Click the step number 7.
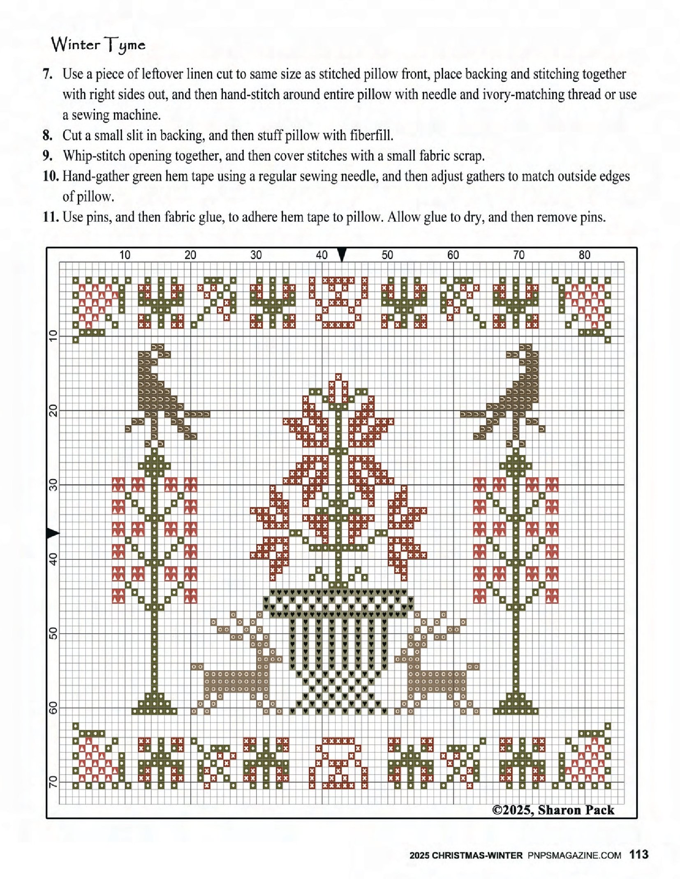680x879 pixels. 48,74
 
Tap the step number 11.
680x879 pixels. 51,217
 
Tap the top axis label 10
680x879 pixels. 125,255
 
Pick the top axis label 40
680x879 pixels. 321,255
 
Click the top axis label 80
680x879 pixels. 584,255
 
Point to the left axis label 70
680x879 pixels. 53,782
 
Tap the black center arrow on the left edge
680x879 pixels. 53,534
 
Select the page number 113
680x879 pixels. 639,855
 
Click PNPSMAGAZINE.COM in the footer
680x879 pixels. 574,856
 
